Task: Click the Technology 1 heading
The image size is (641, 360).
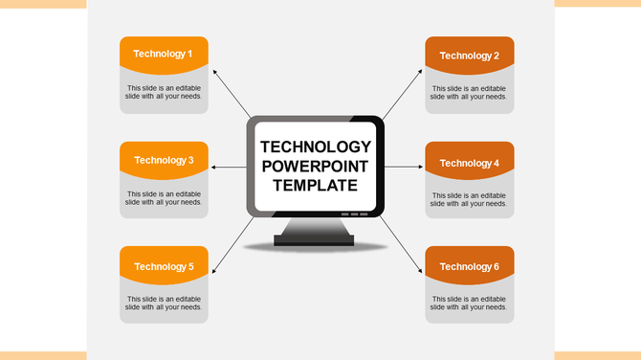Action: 164,54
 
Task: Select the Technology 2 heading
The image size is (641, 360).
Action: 469,56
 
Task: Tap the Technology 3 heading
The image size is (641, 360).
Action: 164,160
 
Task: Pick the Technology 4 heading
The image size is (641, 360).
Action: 469,163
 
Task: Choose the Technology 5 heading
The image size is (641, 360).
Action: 164,266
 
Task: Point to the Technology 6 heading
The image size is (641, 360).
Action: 469,266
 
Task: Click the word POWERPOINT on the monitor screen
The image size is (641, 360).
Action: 316,167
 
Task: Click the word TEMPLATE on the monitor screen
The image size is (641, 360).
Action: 316,186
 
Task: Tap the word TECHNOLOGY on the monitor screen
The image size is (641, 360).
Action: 316,147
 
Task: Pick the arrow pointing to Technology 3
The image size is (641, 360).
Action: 228,168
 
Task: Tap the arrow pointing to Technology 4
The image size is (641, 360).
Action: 404,168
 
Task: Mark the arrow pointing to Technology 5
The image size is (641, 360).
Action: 230,245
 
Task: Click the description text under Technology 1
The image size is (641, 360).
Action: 164,92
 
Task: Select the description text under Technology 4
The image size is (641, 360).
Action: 469,199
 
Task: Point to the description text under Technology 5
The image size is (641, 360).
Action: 164,304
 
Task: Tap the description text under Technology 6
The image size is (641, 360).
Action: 469,304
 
